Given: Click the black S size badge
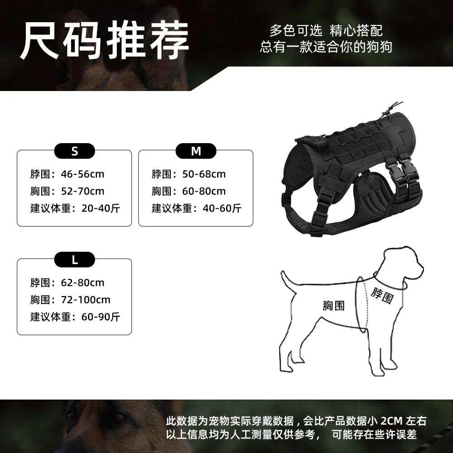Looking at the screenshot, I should click(x=75, y=151).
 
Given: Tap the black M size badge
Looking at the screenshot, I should click(x=196, y=151).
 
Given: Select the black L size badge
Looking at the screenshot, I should click(x=75, y=260).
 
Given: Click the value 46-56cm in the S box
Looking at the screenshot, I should click(x=82, y=174).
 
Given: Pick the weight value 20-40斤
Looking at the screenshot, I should click(x=101, y=209).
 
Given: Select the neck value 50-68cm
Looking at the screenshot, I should click(x=203, y=174).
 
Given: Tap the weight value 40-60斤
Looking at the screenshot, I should click(x=222, y=209).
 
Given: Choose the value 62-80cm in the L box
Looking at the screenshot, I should click(x=82, y=283).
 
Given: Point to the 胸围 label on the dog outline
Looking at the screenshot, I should click(x=334, y=306).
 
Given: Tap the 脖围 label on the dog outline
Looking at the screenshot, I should click(x=381, y=295).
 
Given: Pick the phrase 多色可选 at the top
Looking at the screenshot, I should click(x=296, y=31).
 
